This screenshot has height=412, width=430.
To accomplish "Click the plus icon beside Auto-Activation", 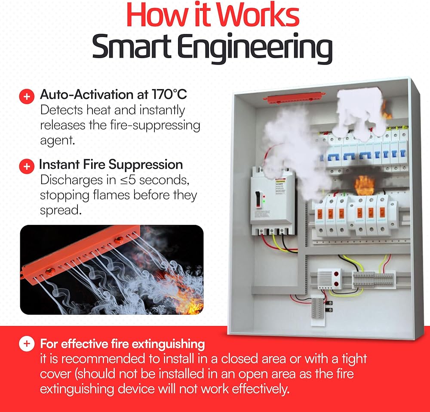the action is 27,96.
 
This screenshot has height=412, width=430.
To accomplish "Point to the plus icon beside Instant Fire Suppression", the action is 27,166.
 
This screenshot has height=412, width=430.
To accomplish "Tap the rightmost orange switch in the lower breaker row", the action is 380,212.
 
